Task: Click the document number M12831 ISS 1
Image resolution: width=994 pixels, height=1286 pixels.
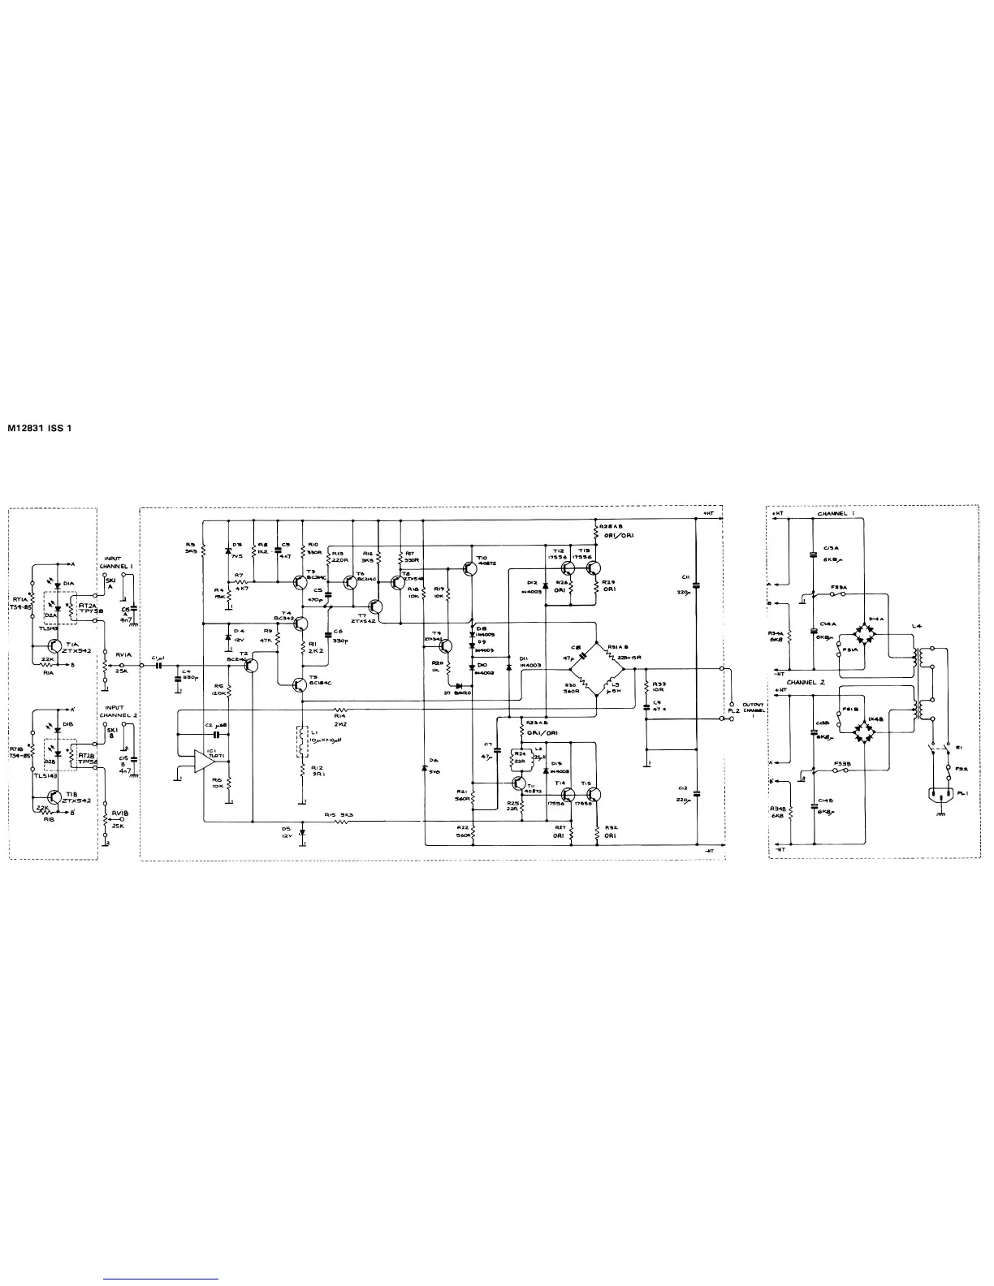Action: tap(40, 428)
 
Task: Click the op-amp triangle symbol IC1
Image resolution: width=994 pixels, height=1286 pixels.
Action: tap(203, 761)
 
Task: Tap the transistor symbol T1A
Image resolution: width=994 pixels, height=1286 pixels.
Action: tap(54, 646)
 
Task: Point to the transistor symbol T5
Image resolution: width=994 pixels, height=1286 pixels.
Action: tap(300, 684)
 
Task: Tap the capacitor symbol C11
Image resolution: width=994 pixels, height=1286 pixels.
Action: tap(698, 584)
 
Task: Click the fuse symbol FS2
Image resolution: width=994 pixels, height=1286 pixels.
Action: tap(947, 766)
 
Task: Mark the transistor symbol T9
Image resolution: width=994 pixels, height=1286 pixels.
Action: tap(446, 645)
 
